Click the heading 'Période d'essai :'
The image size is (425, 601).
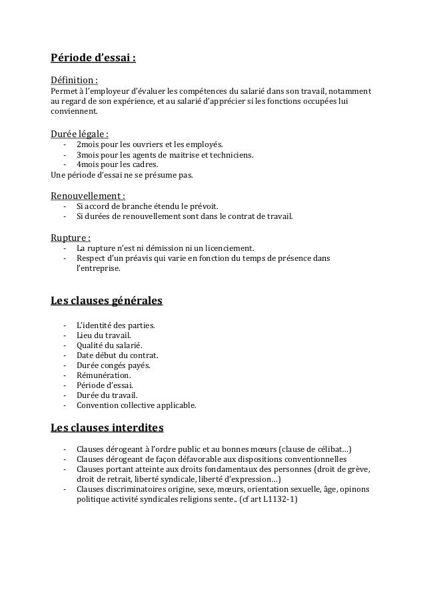[93, 58]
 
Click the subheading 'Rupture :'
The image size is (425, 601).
[71, 237]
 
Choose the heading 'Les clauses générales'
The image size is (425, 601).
[107, 301]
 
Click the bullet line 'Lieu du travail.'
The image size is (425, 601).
[103, 335]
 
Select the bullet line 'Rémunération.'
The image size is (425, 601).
[104, 375]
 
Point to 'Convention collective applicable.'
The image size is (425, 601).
[137, 405]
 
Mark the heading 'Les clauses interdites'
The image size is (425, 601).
[107, 426]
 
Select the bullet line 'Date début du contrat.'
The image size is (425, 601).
[117, 355]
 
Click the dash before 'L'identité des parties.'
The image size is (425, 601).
[65, 325]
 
